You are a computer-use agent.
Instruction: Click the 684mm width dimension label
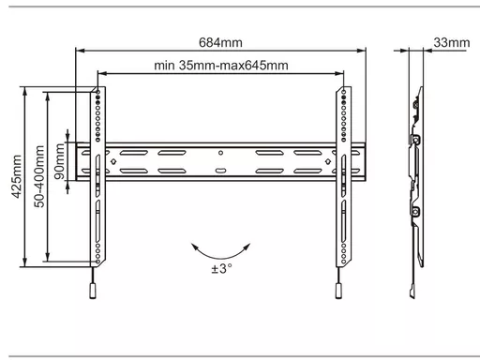(220, 42)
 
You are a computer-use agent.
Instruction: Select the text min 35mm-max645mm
(221, 66)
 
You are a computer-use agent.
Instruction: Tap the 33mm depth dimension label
(452, 42)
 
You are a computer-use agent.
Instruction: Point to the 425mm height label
(17, 176)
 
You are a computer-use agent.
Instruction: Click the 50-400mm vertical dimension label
(39, 176)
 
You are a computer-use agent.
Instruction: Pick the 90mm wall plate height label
(59, 161)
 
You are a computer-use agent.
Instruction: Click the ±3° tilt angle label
(221, 268)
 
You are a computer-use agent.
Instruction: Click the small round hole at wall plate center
(220, 153)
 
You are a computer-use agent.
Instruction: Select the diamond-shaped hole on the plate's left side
(113, 161)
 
